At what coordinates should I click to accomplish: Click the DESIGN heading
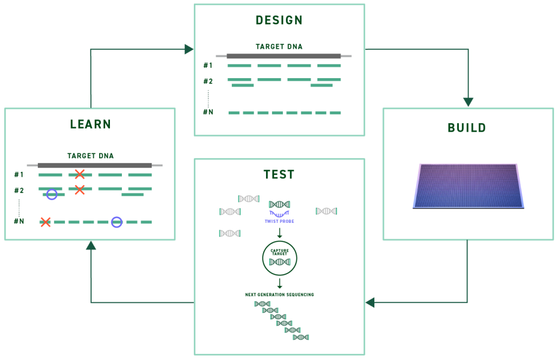pyautogui.click(x=279, y=21)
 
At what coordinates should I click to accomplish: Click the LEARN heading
pyautogui.click(x=90, y=124)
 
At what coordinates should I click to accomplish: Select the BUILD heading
pyautogui.click(x=466, y=128)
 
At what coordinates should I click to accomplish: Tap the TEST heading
pyautogui.click(x=279, y=175)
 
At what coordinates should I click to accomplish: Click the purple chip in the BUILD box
pyautogui.click(x=469, y=185)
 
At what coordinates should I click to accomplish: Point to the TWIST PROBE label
pyautogui.click(x=279, y=221)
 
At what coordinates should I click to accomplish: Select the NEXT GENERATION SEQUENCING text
pyautogui.click(x=280, y=294)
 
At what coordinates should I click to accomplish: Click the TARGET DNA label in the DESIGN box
pyautogui.click(x=279, y=47)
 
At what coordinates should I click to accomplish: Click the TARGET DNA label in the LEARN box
pyautogui.click(x=90, y=156)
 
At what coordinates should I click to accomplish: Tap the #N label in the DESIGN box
pyautogui.click(x=208, y=112)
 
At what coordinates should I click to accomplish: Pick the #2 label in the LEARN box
pyautogui.click(x=19, y=190)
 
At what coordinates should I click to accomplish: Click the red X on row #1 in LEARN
pyautogui.click(x=80, y=175)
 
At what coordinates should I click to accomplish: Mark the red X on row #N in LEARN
pyautogui.click(x=46, y=222)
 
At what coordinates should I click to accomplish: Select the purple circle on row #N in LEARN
pyautogui.click(x=116, y=222)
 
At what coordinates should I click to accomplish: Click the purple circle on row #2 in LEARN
pyautogui.click(x=52, y=194)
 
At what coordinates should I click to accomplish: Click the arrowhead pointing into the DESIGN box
pyautogui.click(x=189, y=49)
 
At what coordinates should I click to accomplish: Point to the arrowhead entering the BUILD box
pyautogui.click(x=468, y=102)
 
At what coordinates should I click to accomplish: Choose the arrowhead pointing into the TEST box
pyautogui.click(x=370, y=302)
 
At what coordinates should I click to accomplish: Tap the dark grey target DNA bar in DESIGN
pyautogui.click(x=283, y=56)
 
